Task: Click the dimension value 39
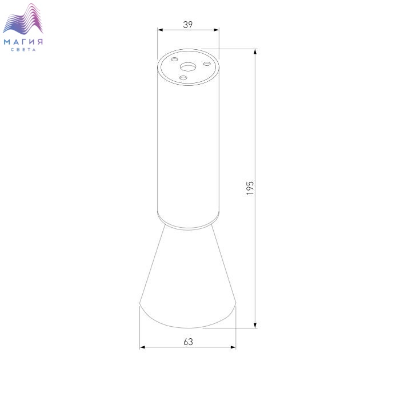point(188,25)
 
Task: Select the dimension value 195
point(250,188)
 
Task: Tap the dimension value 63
point(188,342)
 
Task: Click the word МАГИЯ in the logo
point(23,42)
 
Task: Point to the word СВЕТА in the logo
point(23,50)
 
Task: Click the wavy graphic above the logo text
point(23,19)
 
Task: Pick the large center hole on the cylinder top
point(188,67)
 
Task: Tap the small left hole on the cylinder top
point(174,60)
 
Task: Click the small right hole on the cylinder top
point(207,64)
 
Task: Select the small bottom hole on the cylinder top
point(183,78)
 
